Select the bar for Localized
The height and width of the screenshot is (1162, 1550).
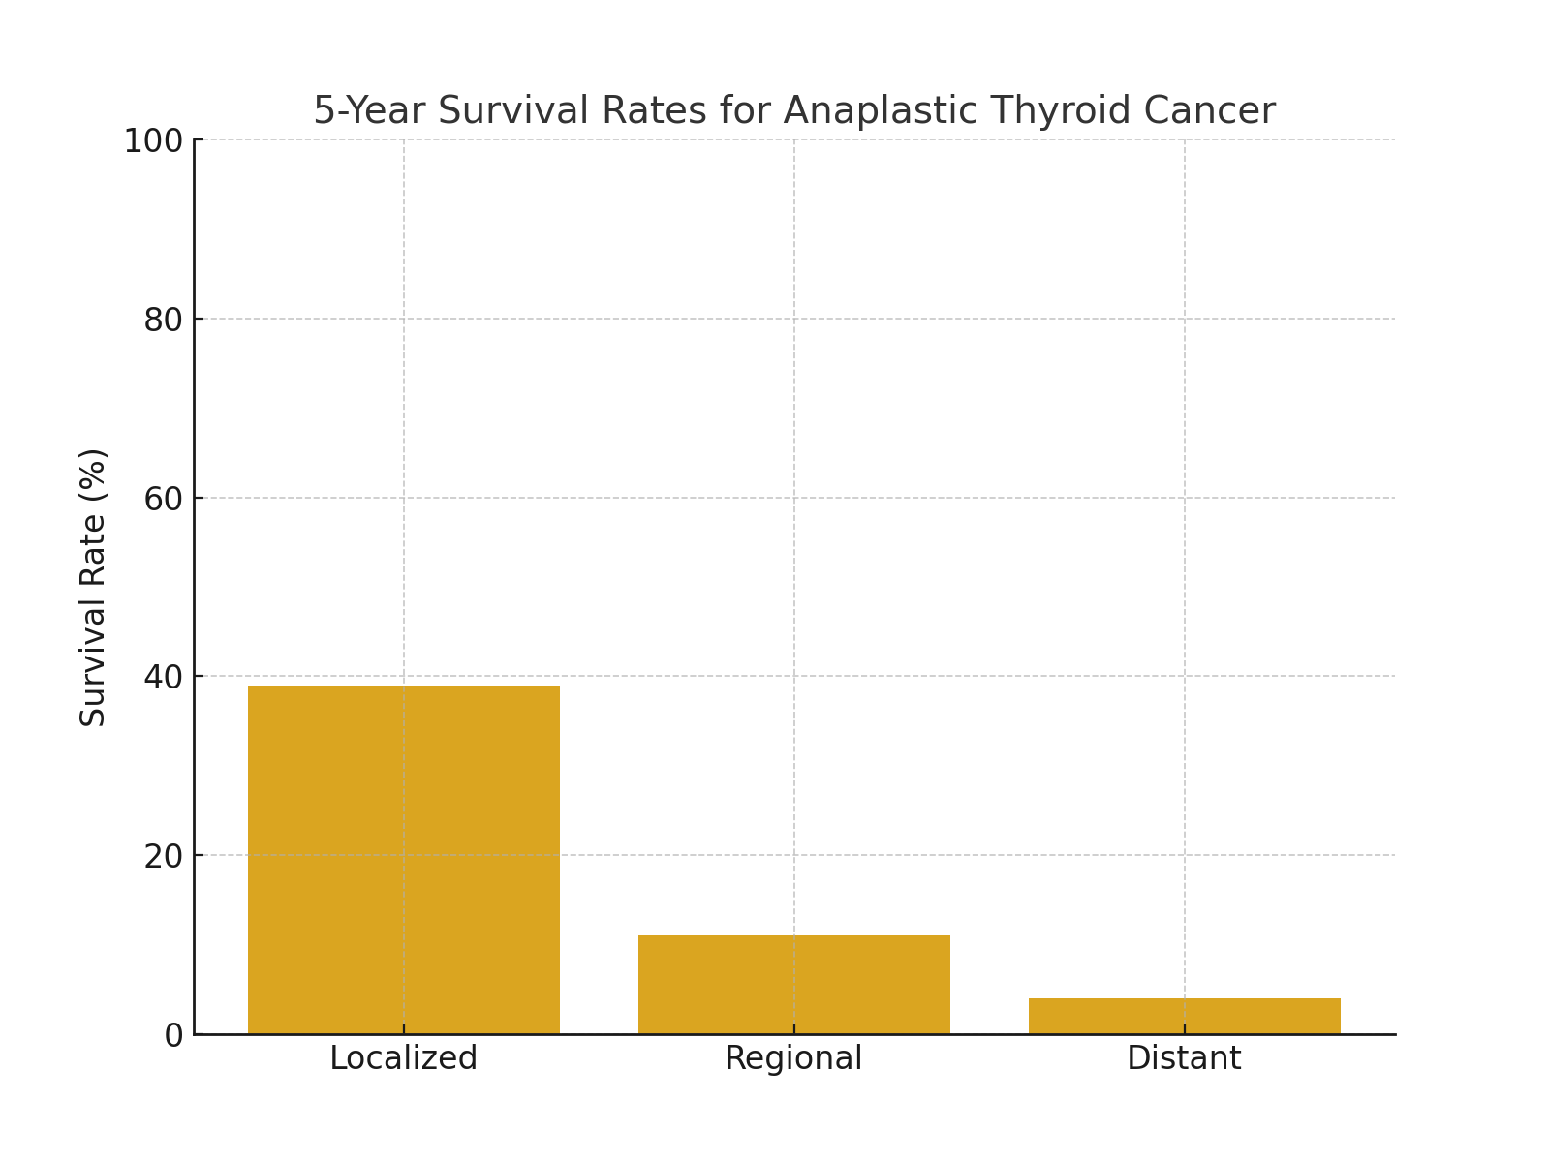pyautogui.click(x=404, y=860)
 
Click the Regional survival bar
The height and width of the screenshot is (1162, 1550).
pyautogui.click(x=794, y=984)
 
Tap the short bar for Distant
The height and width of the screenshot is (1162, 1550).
pyautogui.click(x=1184, y=1016)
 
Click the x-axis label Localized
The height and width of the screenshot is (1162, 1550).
pyautogui.click(x=404, y=1058)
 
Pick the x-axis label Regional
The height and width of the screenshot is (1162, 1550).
pyautogui.click(x=793, y=1058)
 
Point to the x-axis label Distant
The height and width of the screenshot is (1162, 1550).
pyautogui.click(x=1184, y=1058)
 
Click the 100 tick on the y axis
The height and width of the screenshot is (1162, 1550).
pyautogui.click(x=153, y=141)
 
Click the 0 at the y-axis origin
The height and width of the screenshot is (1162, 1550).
pyautogui.click(x=173, y=1035)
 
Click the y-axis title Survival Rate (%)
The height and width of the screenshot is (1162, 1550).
pyautogui.click(x=93, y=587)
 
